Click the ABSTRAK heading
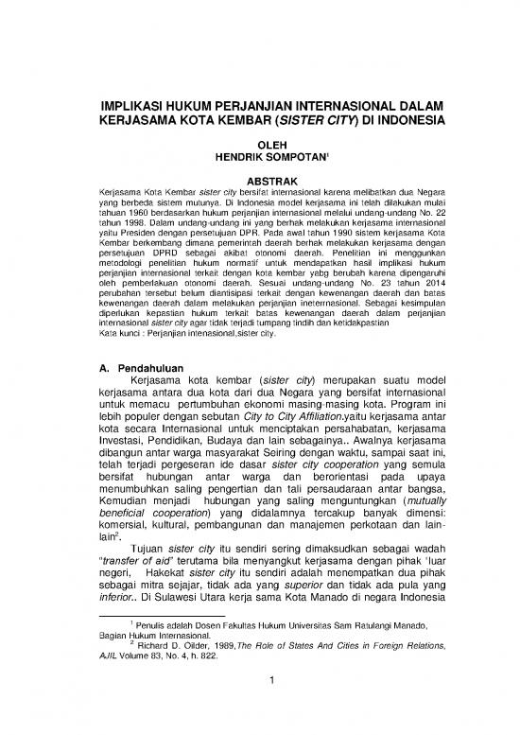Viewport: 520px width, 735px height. (x=259, y=178)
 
